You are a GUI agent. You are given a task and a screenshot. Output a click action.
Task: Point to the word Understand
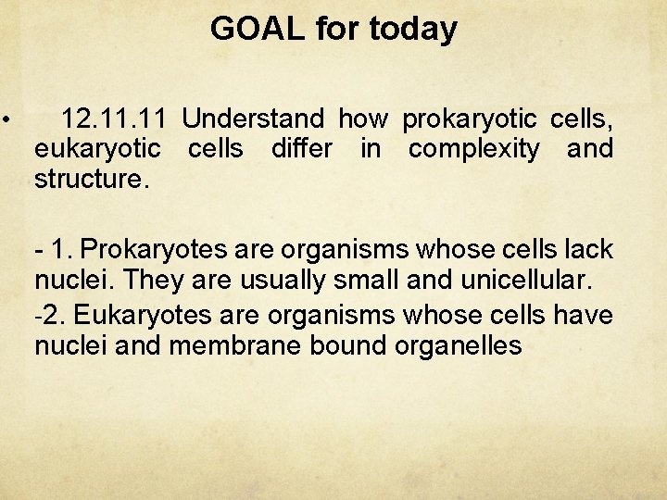tap(253, 119)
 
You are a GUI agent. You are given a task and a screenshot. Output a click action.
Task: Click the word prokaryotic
tap(470, 119)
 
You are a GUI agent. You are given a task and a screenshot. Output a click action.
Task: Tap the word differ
tap(301, 148)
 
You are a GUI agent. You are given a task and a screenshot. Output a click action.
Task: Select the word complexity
tap(473, 148)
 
